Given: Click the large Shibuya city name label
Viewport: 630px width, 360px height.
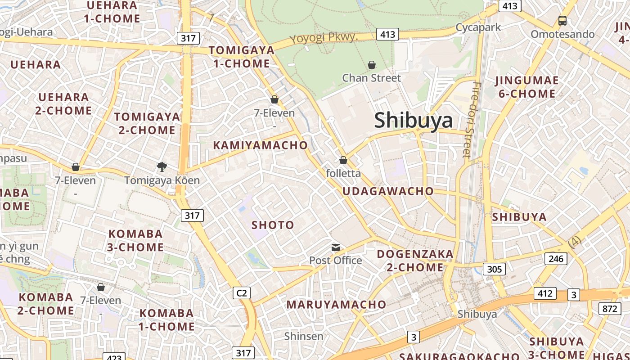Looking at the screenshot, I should click(x=413, y=120).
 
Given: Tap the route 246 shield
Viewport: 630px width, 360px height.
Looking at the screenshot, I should click(x=556, y=258).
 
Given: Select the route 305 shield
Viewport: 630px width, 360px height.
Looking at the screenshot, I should click(x=494, y=269).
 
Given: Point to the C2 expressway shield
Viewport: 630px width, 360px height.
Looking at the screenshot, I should click(x=242, y=293).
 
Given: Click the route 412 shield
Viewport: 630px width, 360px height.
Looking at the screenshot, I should click(x=545, y=293).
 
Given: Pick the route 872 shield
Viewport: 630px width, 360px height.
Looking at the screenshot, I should click(x=610, y=308).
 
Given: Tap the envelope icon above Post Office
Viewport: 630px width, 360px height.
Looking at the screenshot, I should click(x=336, y=247).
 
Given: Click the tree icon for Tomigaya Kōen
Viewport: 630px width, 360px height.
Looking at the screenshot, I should click(x=162, y=167).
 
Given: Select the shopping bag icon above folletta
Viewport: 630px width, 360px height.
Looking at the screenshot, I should click(x=343, y=160).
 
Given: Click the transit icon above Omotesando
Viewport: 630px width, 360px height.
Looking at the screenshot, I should click(x=562, y=20).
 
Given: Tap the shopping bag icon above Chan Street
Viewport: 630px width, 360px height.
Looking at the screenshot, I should click(x=372, y=65).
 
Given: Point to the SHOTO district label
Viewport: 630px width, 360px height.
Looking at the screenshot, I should click(x=273, y=225).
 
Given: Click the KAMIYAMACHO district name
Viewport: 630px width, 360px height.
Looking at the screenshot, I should click(x=260, y=145).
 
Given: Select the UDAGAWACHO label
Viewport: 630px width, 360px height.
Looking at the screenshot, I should click(x=388, y=191).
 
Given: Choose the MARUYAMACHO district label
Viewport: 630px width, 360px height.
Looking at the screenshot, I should click(x=336, y=305).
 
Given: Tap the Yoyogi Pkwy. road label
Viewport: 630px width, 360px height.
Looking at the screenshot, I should click(x=324, y=38).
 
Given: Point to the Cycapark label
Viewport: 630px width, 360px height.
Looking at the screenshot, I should click(x=478, y=27).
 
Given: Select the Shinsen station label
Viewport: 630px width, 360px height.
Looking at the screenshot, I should click(x=304, y=336).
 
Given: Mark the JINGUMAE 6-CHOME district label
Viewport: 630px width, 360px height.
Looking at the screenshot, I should click(x=526, y=87).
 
